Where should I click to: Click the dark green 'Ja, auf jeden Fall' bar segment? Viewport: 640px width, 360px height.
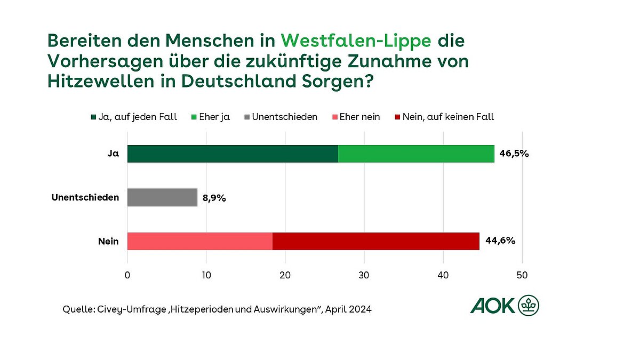coord(233,154)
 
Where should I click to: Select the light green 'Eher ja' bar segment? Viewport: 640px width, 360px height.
coord(416,154)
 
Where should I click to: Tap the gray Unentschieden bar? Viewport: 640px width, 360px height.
coord(162,197)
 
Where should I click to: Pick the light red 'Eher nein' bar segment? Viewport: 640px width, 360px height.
coord(199,241)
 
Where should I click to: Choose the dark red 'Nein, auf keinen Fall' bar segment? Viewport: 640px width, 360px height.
coord(375,241)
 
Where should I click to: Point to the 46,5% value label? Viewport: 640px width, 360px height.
coord(514,154)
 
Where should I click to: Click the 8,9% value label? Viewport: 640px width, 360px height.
coord(214,198)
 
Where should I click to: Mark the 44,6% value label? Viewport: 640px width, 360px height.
coord(500,241)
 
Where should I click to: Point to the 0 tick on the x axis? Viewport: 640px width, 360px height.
coord(127,275)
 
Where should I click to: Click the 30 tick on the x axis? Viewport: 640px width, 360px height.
coord(364,275)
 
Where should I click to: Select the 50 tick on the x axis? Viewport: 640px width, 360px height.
coord(522,275)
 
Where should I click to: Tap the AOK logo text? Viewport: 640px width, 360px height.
coord(493,306)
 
